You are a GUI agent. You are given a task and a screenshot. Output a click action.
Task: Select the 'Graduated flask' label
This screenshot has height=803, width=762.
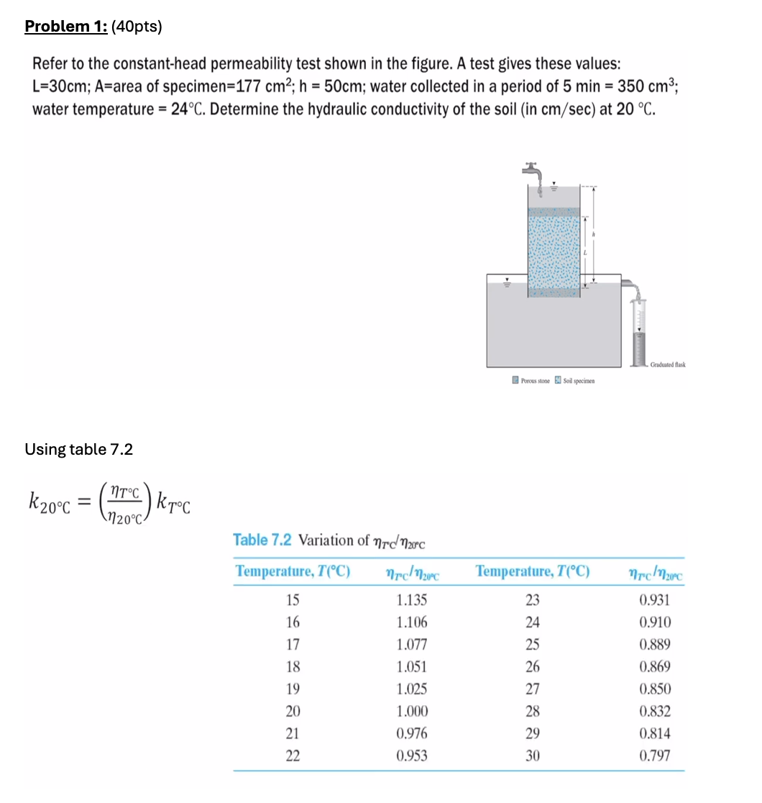pos(667,365)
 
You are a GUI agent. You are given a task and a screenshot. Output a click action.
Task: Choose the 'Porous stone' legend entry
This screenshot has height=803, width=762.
pos(531,380)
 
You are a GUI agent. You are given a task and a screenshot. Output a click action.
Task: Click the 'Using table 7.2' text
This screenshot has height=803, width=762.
pos(78,450)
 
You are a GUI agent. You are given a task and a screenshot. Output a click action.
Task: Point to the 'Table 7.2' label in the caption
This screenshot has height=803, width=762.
pos(262,540)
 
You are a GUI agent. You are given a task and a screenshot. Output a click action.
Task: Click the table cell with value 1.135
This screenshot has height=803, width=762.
pos(412,600)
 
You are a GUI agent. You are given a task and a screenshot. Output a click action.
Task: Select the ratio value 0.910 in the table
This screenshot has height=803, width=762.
pos(655,622)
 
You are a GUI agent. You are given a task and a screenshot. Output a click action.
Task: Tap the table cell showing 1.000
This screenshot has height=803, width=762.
pos(412,712)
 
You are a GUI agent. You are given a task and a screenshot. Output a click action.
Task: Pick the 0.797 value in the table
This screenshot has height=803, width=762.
pos(655,756)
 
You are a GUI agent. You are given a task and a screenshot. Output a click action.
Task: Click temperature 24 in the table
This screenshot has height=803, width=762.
pos(533,622)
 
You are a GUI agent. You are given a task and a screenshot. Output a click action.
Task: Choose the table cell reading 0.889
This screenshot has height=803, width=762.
pos(655,645)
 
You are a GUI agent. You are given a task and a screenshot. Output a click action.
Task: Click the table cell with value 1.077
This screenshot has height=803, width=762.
pos(412,645)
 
